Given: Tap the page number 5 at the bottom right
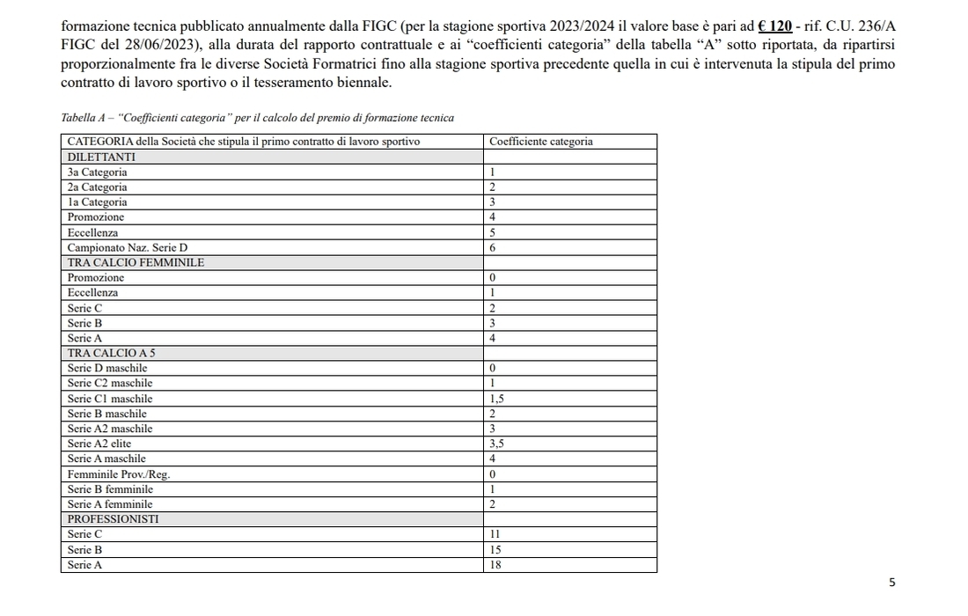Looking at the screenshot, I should pyautogui.click(x=892, y=583).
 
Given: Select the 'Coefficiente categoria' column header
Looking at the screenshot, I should pyautogui.click(x=540, y=142).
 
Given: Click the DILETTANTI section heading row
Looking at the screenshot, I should pyautogui.click(x=102, y=157).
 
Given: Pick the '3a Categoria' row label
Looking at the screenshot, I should pyautogui.click(x=98, y=172).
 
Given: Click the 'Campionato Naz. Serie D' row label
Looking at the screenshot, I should pyautogui.click(x=128, y=248).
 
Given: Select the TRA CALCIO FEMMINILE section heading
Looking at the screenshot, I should pyautogui.click(x=136, y=262).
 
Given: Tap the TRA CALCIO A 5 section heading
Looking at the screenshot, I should pyautogui.click(x=112, y=353).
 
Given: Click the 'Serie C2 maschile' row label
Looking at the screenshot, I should pyautogui.click(x=110, y=384).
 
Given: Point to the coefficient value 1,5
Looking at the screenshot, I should pyautogui.click(x=496, y=399).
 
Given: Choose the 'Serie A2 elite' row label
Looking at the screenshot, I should pyautogui.click(x=99, y=444).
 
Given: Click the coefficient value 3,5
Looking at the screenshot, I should pyautogui.click(x=496, y=444).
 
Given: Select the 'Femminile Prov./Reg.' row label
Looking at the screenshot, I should pyautogui.click(x=119, y=474).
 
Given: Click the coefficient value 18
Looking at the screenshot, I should pyautogui.click(x=495, y=565).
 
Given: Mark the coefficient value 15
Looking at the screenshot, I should pyautogui.click(x=495, y=550).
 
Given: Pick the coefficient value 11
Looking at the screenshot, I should pyautogui.click(x=495, y=534).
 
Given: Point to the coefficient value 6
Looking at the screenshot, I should pyautogui.click(x=493, y=248).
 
